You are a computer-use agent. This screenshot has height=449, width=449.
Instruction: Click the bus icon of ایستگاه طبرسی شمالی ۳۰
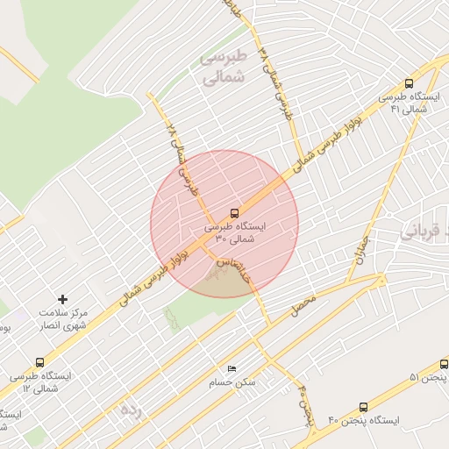point(234,212)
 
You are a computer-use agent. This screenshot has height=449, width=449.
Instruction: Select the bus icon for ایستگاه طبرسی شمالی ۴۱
point(410,82)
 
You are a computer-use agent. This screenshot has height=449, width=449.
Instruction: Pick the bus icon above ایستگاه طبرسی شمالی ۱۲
point(39,361)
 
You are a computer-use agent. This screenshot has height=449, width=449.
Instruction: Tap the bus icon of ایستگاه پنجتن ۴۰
point(363,407)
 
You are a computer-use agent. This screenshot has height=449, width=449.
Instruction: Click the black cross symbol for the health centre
point(61,300)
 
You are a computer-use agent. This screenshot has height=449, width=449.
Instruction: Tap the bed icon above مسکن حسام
point(232,368)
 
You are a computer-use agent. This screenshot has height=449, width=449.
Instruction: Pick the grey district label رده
point(131,409)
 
